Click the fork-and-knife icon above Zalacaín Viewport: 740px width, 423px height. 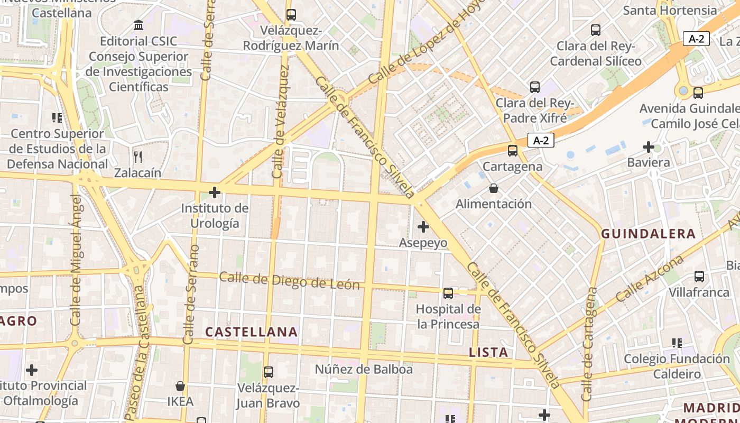tap(138, 157)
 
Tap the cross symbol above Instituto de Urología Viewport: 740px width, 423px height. tap(215, 192)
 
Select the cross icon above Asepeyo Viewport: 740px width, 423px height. tap(423, 227)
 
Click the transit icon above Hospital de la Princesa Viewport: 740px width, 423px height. tap(448, 293)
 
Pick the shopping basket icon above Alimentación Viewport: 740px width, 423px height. tap(494, 188)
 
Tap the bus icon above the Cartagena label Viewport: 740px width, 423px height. tap(513, 150)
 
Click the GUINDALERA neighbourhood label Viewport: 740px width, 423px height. tap(648, 234)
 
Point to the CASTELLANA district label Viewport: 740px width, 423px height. tap(252, 332)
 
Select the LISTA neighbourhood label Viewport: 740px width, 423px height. tap(488, 352)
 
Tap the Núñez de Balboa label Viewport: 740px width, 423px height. tap(364, 369)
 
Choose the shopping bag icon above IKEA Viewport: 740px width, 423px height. tap(180, 386)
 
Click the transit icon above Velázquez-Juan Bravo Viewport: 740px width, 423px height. tap(269, 372)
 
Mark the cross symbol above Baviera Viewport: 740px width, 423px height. tap(649, 146)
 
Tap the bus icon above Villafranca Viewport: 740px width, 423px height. tap(699, 276)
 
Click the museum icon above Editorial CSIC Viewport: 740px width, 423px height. tap(138, 25)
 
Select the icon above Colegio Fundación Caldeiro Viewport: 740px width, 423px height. tap(677, 343)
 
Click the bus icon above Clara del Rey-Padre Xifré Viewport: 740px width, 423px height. tap(535, 87)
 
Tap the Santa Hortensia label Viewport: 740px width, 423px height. tap(670, 10)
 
